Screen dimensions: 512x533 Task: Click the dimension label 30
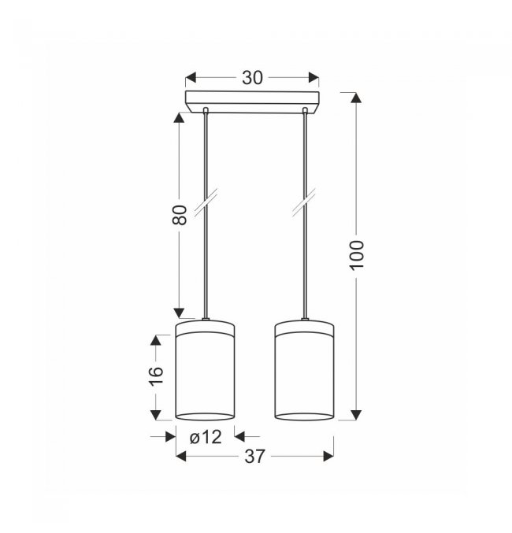click(252, 78)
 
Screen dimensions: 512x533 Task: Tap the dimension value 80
click(180, 215)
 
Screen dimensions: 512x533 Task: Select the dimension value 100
click(357, 255)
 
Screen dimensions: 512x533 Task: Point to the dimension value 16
click(156, 375)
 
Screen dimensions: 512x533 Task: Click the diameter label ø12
click(206, 437)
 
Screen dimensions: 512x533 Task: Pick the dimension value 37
click(254, 456)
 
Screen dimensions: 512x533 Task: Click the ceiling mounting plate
click(252, 102)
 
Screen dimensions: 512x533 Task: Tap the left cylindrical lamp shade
click(205, 370)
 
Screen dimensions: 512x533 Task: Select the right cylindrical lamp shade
click(304, 370)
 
